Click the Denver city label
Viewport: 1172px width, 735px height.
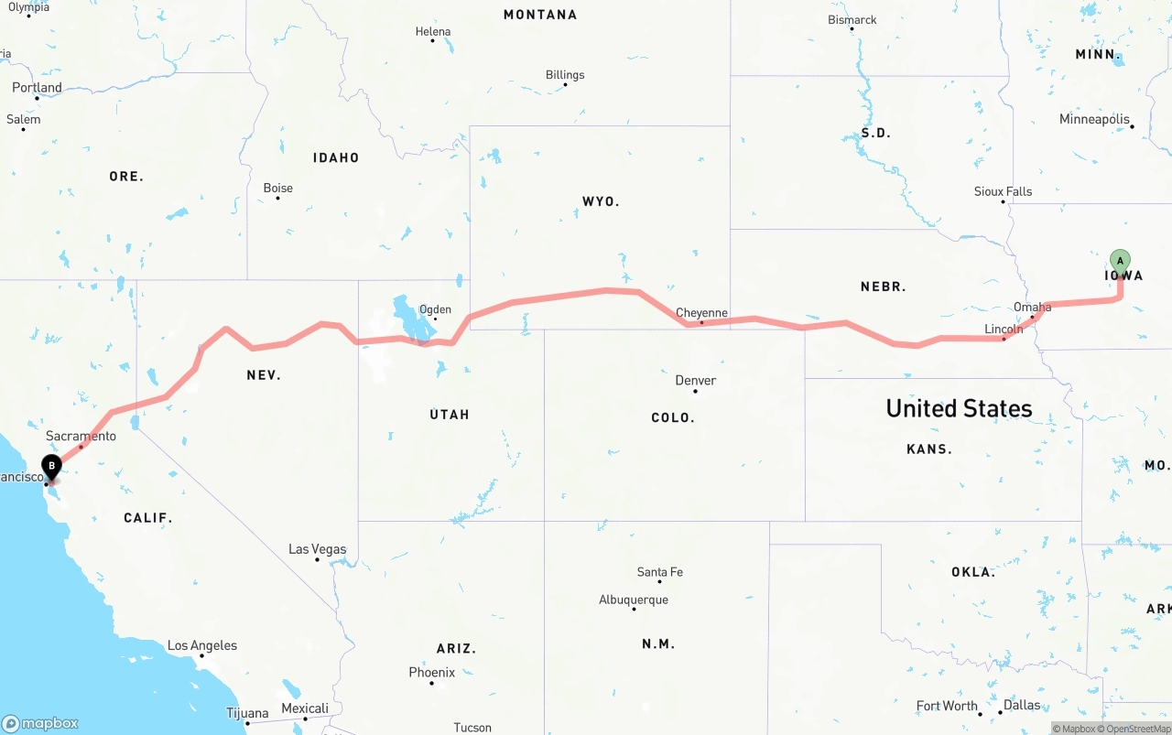click(696, 381)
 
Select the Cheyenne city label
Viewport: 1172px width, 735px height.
click(701, 313)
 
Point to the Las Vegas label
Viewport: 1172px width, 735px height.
click(317, 549)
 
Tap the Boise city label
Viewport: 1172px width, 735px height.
click(278, 189)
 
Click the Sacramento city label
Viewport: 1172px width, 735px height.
click(81, 437)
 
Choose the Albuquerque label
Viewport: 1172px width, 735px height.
click(634, 600)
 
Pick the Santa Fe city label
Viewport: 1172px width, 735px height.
click(659, 573)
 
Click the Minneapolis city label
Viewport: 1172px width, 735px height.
click(1094, 120)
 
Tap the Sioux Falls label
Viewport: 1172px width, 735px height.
click(1003, 192)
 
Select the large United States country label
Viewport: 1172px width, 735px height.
click(959, 408)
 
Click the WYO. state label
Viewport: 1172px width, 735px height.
click(601, 201)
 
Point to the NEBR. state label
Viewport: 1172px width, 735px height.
click(884, 286)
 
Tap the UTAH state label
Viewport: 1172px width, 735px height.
click(450, 415)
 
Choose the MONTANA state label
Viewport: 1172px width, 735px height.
click(540, 15)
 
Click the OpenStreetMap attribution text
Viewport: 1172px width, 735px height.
click(1138, 730)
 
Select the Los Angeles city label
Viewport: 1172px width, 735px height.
click(201, 646)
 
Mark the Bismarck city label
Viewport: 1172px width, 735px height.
click(852, 20)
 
